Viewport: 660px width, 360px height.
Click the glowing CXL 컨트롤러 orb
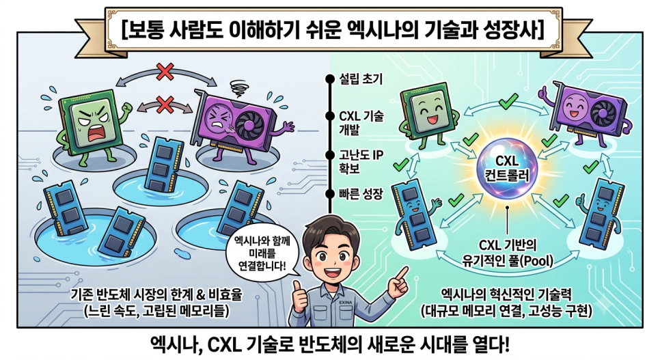(508, 168)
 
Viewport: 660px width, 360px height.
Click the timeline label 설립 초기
(361, 79)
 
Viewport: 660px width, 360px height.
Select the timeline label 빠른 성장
(361, 194)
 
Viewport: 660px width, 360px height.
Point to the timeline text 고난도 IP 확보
(361, 162)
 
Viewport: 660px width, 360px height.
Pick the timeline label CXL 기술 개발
(361, 122)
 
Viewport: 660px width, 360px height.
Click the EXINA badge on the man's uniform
(345, 303)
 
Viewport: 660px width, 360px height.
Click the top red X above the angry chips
(165, 72)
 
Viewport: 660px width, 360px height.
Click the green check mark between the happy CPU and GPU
(508, 101)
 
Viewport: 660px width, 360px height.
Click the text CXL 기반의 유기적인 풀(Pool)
(508, 253)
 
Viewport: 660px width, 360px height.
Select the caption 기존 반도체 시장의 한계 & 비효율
(157, 294)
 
